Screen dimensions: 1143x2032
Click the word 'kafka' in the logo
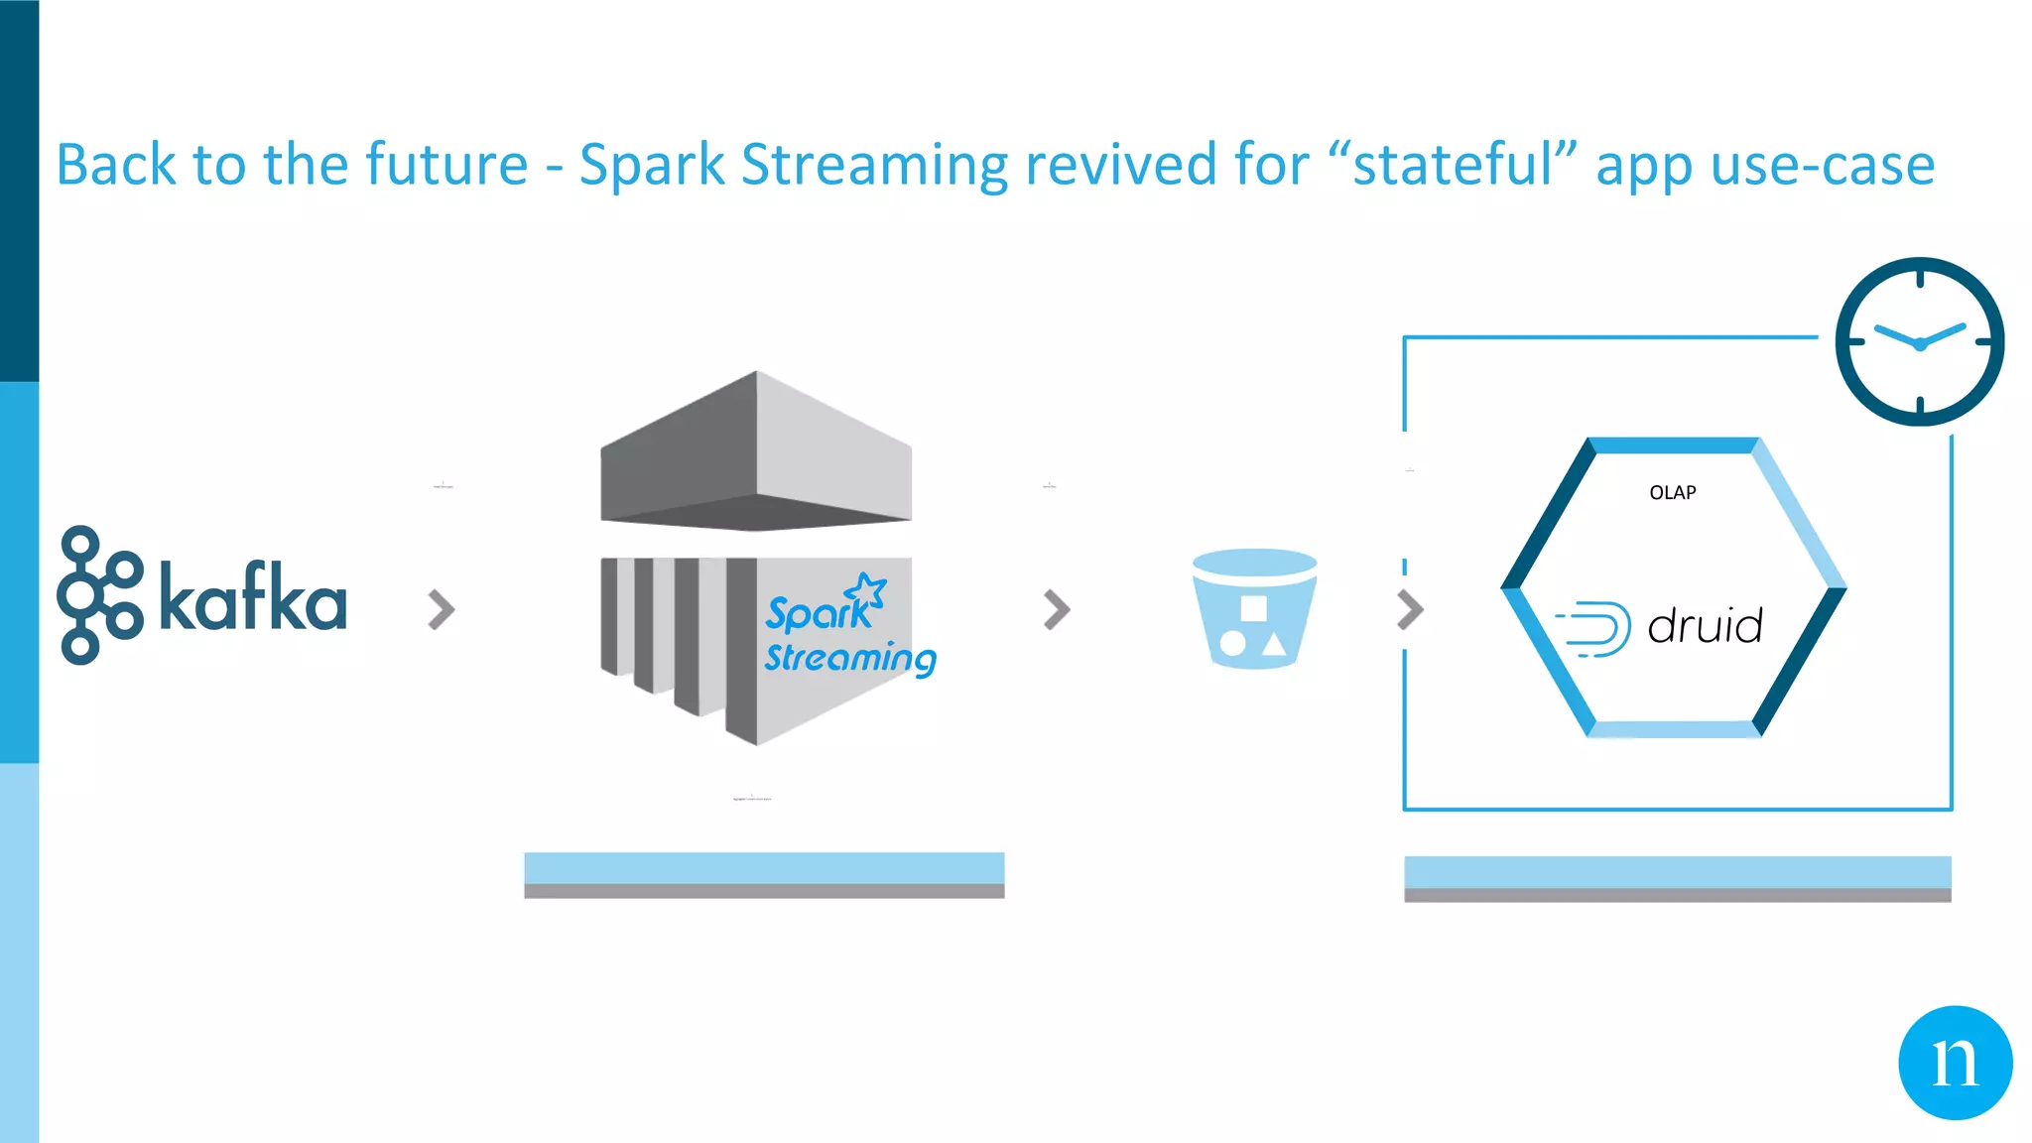coord(253,597)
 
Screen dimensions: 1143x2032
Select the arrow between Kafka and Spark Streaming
coord(442,609)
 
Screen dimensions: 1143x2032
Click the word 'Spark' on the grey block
coord(816,613)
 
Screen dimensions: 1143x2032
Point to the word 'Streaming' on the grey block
coord(849,658)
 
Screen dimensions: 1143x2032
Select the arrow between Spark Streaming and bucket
coord(1057,609)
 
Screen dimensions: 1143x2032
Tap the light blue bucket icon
coord(1254,608)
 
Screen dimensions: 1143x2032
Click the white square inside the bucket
coord(1254,607)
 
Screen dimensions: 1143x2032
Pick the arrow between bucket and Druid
coord(1410,609)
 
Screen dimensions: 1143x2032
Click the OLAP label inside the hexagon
coord(1672,493)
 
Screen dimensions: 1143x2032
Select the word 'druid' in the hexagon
coord(1705,626)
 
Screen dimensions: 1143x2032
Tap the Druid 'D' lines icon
coord(1594,628)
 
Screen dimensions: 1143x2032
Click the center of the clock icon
coord(1920,342)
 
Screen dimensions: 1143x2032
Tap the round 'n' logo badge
coord(1955,1063)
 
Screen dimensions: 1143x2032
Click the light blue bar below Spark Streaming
coord(764,867)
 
